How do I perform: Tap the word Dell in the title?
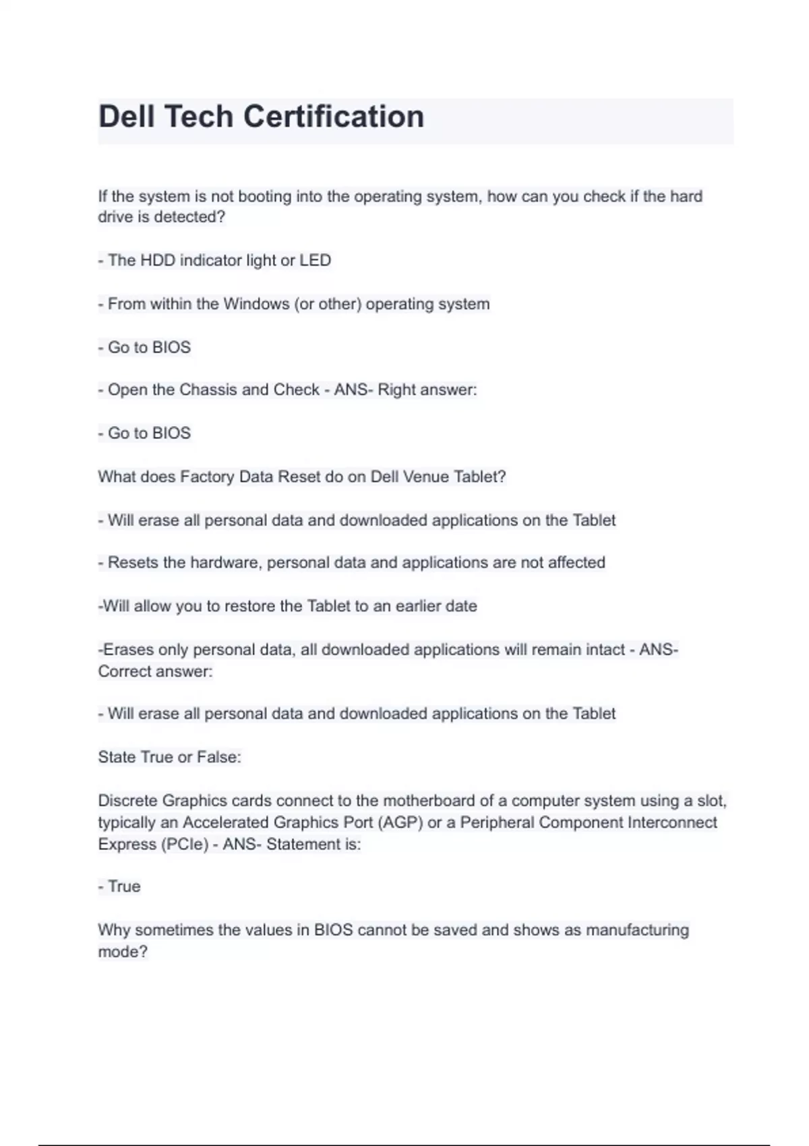tap(127, 117)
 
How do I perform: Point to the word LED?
tap(315, 260)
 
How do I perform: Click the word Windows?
tap(256, 304)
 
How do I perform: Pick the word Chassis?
tap(208, 390)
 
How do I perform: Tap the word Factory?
tap(206, 477)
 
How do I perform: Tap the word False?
tap(218, 757)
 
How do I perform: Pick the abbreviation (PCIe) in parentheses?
tap(185, 844)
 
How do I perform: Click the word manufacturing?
tap(637, 930)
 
